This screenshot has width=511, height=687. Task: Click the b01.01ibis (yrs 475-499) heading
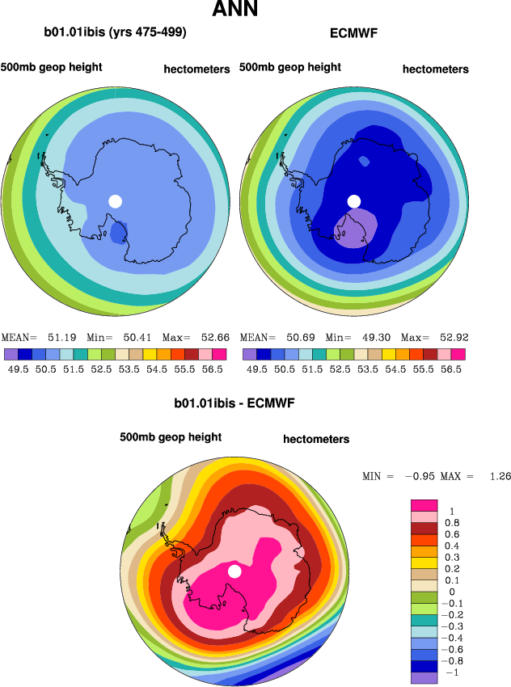[x=116, y=33]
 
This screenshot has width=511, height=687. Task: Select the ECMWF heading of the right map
[x=353, y=34]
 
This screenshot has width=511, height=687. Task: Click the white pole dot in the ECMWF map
[x=353, y=200]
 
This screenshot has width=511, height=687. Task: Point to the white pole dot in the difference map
[x=234, y=571]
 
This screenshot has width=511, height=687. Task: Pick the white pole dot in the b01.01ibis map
[x=115, y=200]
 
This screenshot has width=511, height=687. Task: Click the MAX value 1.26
[x=498, y=476]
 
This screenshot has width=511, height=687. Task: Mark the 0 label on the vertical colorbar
[x=450, y=592]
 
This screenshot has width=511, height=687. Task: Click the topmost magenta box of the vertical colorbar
[x=425, y=504]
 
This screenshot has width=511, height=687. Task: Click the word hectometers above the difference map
[x=316, y=439]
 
